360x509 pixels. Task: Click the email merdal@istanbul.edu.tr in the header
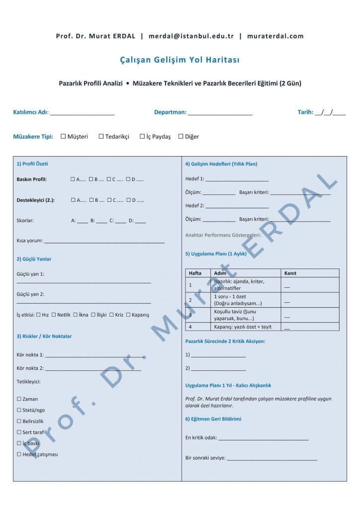click(191, 36)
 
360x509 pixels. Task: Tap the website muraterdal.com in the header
click(275, 36)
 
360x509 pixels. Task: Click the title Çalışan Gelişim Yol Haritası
click(180, 60)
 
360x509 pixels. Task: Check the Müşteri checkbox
click(63, 136)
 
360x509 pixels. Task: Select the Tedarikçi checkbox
click(101, 136)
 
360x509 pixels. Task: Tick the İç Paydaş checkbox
click(142, 136)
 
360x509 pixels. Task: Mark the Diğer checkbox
click(181, 136)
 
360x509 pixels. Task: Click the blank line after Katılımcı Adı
click(82, 113)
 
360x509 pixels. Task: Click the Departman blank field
click(220, 113)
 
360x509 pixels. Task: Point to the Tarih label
click(305, 112)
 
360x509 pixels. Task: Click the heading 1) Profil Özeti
click(32, 164)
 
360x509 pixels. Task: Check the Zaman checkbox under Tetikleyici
click(19, 399)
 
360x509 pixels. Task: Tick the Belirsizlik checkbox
click(19, 421)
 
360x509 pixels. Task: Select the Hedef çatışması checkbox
click(19, 454)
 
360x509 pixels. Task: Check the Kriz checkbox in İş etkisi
click(111, 315)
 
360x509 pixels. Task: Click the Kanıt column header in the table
click(290, 273)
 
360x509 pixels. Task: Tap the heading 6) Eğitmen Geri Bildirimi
click(213, 419)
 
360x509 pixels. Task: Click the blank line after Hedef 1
click(237, 179)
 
